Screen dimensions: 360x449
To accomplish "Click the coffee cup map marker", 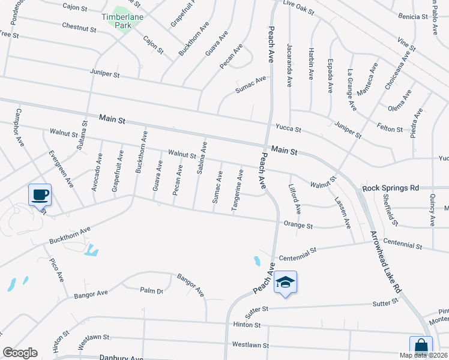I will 40,195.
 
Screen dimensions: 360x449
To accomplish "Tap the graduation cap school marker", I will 286,283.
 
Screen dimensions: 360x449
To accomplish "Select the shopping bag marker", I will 421,346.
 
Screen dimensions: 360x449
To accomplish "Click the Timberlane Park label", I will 123,22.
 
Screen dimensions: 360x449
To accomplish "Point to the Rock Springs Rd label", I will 390,188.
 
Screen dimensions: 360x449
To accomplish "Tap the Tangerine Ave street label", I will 239,190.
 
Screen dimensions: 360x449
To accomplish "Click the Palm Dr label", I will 151,291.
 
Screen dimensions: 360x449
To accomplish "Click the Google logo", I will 20,353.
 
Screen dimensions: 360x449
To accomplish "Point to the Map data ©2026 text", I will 423,355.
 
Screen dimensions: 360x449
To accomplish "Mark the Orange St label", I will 298,226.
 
